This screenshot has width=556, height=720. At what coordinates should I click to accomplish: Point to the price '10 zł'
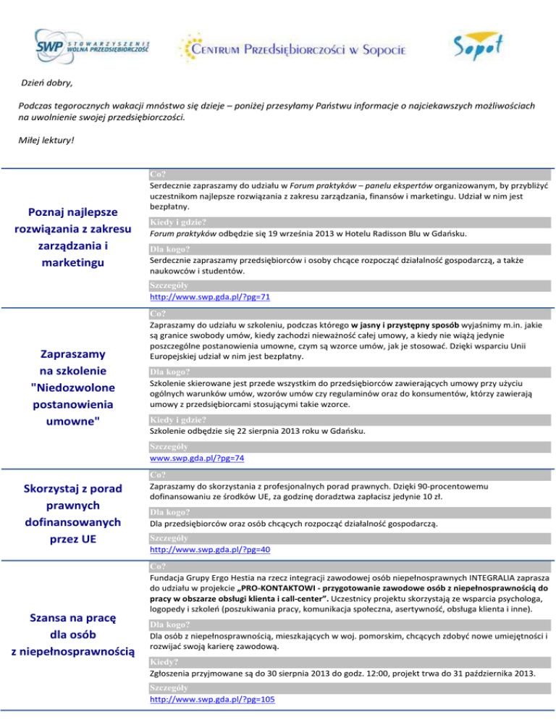pyautogui.click(x=452, y=497)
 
